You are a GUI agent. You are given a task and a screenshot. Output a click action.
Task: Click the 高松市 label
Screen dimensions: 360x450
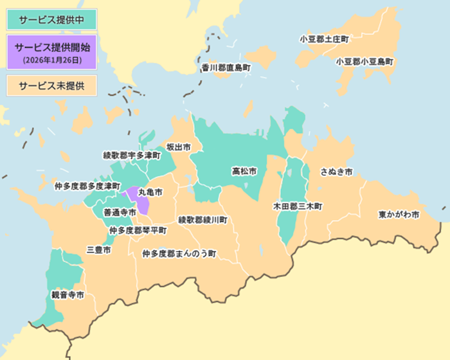click(x=244, y=172)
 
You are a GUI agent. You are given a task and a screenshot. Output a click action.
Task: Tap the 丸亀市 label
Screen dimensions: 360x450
click(x=150, y=192)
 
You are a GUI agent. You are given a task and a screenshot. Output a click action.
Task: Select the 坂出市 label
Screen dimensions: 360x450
click(x=179, y=147)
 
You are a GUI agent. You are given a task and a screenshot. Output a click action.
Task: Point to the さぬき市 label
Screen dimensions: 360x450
click(x=336, y=172)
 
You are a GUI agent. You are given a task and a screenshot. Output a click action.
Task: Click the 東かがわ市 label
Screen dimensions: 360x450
click(x=399, y=214)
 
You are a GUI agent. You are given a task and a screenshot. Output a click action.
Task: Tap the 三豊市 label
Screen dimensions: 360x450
click(x=98, y=249)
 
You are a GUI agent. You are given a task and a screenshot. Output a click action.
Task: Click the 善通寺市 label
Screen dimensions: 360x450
click(x=120, y=212)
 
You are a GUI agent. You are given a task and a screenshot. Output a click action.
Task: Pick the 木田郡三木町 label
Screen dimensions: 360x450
click(x=298, y=206)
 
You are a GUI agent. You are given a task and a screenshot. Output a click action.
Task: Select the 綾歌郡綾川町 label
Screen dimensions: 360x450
click(x=203, y=220)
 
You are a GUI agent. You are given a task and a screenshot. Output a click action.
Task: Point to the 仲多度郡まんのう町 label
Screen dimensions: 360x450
click(x=179, y=254)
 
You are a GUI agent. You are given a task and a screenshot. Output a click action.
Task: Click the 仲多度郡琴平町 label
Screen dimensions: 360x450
click(x=138, y=230)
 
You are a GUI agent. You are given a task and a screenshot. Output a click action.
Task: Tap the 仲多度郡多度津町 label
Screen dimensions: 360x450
click(x=87, y=186)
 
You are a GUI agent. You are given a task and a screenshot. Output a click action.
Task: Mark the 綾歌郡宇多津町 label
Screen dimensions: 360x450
click(x=128, y=156)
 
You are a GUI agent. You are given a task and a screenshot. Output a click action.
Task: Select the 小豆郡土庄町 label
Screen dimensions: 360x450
click(x=324, y=39)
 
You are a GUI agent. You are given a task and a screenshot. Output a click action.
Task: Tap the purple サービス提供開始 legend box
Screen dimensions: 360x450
click(x=51, y=52)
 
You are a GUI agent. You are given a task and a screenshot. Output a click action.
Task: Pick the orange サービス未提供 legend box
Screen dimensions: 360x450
click(x=51, y=85)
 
